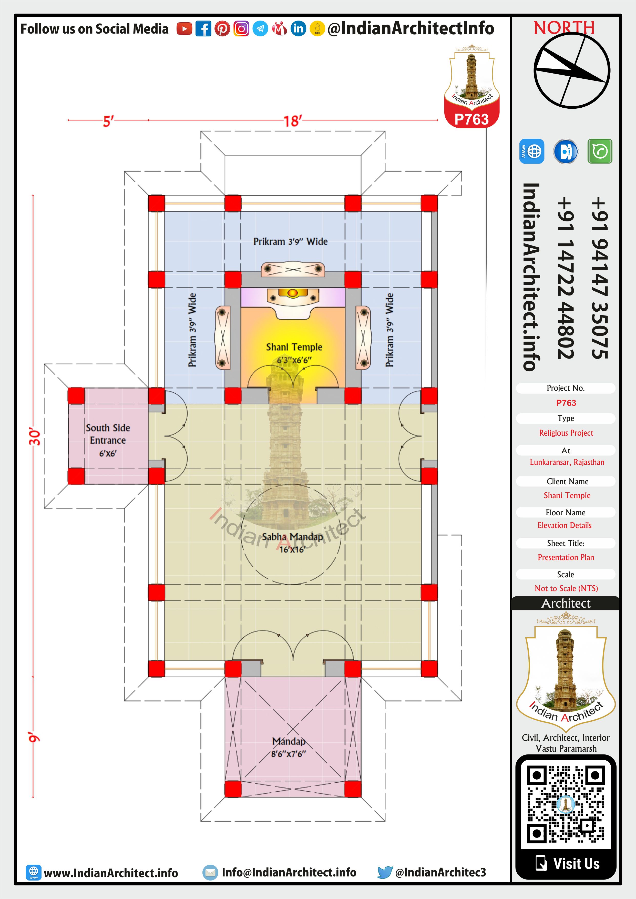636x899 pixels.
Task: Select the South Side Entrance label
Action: [108, 440]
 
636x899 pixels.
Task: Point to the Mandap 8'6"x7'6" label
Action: [289, 747]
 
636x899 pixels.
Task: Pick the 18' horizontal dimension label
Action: [293, 121]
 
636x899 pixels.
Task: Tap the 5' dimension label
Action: [108, 121]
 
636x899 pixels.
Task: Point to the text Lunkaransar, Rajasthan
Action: [567, 462]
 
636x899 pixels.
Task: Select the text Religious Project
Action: [566, 433]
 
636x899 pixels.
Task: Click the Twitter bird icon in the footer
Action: [385, 872]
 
